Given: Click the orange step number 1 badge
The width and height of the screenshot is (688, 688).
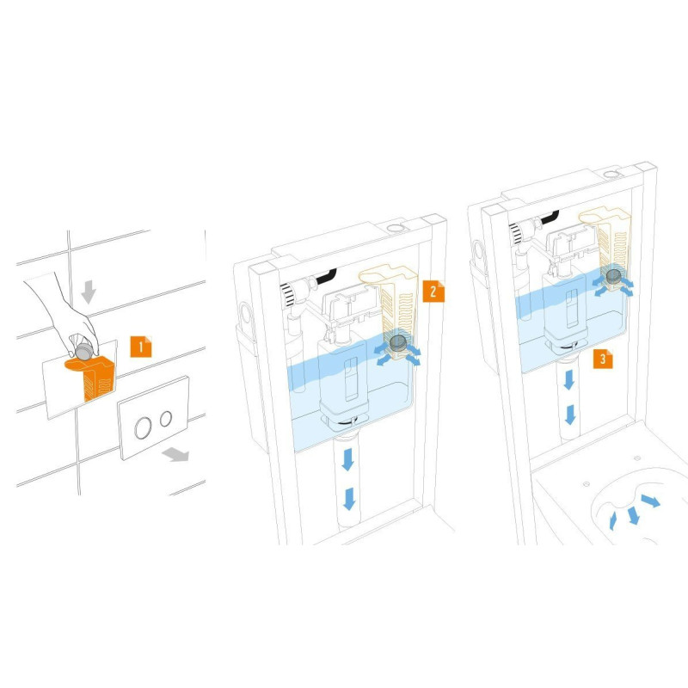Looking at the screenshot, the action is pos(141,347).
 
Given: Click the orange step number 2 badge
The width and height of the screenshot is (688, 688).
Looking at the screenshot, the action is pos(433,292).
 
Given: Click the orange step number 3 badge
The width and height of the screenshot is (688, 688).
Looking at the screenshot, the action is pos(603,359).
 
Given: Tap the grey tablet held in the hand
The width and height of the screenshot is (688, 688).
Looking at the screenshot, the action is pos(83,351).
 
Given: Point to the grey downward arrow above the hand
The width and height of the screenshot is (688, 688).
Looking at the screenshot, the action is pos(89,292).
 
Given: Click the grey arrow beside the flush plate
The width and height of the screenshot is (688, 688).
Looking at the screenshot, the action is pos(175,454).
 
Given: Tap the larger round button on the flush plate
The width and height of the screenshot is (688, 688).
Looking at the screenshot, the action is pos(143,428).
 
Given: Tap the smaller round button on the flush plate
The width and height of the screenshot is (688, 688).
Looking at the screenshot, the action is pos(166,419).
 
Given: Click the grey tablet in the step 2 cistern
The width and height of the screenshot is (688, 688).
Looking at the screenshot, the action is pos(398,342).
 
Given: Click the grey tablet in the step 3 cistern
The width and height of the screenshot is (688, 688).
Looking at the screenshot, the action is pos(613,276).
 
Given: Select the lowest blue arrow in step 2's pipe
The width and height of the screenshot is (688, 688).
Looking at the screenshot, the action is pos(349,499).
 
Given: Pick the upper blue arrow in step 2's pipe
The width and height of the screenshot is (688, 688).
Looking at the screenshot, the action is pos(348,459).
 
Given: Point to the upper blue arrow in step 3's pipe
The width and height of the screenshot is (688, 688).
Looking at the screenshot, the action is pos(568,379).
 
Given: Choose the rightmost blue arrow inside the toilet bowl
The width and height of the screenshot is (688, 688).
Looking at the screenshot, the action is pos(651,501).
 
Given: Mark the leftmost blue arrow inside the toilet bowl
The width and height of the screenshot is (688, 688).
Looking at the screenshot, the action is pos(613,521).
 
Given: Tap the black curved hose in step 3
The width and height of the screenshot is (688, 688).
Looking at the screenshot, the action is pos(550,217).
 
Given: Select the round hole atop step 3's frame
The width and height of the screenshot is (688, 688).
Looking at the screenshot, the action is pos(611,175).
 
